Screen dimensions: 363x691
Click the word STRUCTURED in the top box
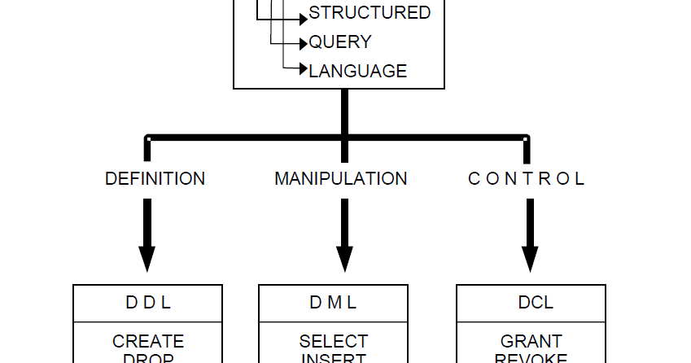[x=370, y=13]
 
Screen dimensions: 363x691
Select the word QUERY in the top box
[x=340, y=42]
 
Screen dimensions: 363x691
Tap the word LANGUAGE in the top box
[x=357, y=72]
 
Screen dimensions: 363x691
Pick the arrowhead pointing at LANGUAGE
[x=303, y=70]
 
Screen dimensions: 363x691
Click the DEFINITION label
[x=155, y=179]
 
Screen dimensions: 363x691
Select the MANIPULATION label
[x=341, y=179]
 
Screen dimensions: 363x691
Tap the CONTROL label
[x=527, y=179]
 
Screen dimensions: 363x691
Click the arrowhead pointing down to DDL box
[x=147, y=258]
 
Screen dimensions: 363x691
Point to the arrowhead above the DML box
[x=345, y=258]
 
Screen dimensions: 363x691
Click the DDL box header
[x=147, y=303]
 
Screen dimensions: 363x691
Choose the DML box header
[x=333, y=303]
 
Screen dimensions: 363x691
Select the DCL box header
[x=536, y=303]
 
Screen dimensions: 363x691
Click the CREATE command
[x=147, y=341]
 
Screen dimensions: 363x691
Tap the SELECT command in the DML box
[x=333, y=341]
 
